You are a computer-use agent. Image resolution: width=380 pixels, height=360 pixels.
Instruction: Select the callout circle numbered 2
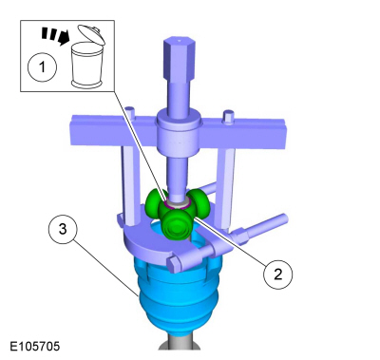click(x=277, y=274)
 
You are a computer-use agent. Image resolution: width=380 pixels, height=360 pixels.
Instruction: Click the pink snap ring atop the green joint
click(x=177, y=201)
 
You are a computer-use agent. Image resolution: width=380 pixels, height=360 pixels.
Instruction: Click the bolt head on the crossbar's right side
click(x=229, y=118)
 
